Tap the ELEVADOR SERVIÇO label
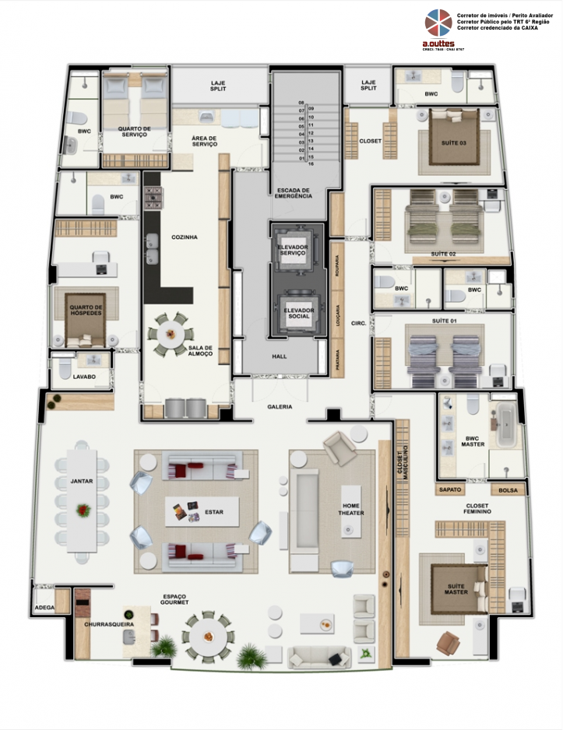tap(293, 250)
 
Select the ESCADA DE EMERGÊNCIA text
tap(293, 193)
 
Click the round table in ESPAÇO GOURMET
tap(208, 635)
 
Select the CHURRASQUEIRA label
tap(108, 624)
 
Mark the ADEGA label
tap(44, 608)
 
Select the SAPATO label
tap(451, 490)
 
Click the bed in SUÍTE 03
tap(455, 139)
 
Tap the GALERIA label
tap(280, 406)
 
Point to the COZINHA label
tap(184, 237)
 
